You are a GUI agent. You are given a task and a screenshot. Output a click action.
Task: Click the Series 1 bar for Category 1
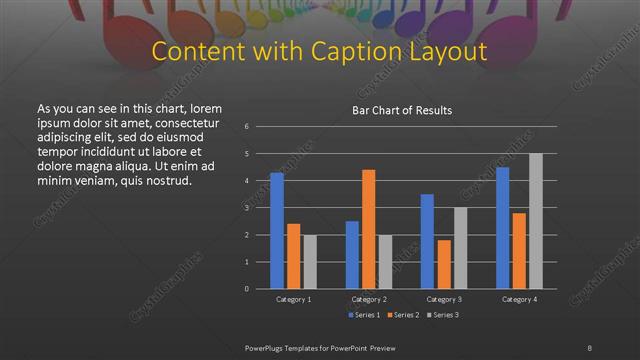[277, 231]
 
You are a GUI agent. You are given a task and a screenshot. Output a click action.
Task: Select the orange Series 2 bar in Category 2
[368, 229]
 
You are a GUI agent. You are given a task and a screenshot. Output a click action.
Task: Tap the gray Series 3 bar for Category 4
[535, 221]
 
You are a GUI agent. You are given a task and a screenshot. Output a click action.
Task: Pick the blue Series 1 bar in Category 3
[427, 241]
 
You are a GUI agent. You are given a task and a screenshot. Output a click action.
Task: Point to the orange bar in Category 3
[443, 264]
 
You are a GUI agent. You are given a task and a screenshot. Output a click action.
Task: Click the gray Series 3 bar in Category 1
[309, 262]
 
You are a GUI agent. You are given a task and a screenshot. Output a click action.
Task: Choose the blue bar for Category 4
[503, 228]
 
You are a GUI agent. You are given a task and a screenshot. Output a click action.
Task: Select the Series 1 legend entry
[362, 315]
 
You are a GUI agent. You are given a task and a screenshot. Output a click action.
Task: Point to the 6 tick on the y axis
[247, 127]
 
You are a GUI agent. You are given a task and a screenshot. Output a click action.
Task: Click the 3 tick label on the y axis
[247, 208]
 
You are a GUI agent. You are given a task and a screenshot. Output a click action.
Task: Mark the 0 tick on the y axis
[247, 289]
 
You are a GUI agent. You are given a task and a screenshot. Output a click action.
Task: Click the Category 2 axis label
[368, 299]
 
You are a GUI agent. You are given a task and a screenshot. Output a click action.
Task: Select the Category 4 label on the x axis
[519, 299]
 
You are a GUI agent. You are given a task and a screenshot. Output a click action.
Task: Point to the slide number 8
[590, 347]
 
